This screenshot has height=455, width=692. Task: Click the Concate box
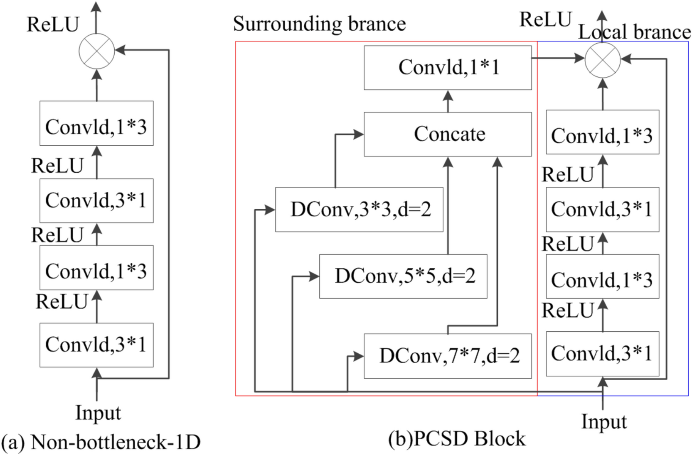448,134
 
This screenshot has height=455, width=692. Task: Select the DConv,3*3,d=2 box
359,209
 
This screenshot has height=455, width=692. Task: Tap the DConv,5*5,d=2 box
403,276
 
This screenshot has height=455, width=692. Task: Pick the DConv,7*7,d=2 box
448,356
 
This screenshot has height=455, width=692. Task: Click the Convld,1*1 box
448,67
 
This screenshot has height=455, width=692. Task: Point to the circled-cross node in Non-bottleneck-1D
97,51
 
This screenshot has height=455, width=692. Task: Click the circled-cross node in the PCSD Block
603,60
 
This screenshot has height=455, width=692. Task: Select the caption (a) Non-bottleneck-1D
101,442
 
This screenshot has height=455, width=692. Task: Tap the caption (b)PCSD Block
457,439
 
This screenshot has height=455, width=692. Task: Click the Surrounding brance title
319,24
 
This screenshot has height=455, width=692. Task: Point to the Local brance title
634,32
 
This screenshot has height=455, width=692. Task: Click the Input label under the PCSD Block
603,421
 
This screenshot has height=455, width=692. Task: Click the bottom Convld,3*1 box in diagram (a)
96,345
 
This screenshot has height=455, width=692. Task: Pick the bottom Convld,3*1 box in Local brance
602,354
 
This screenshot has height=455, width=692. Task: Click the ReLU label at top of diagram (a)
52,24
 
